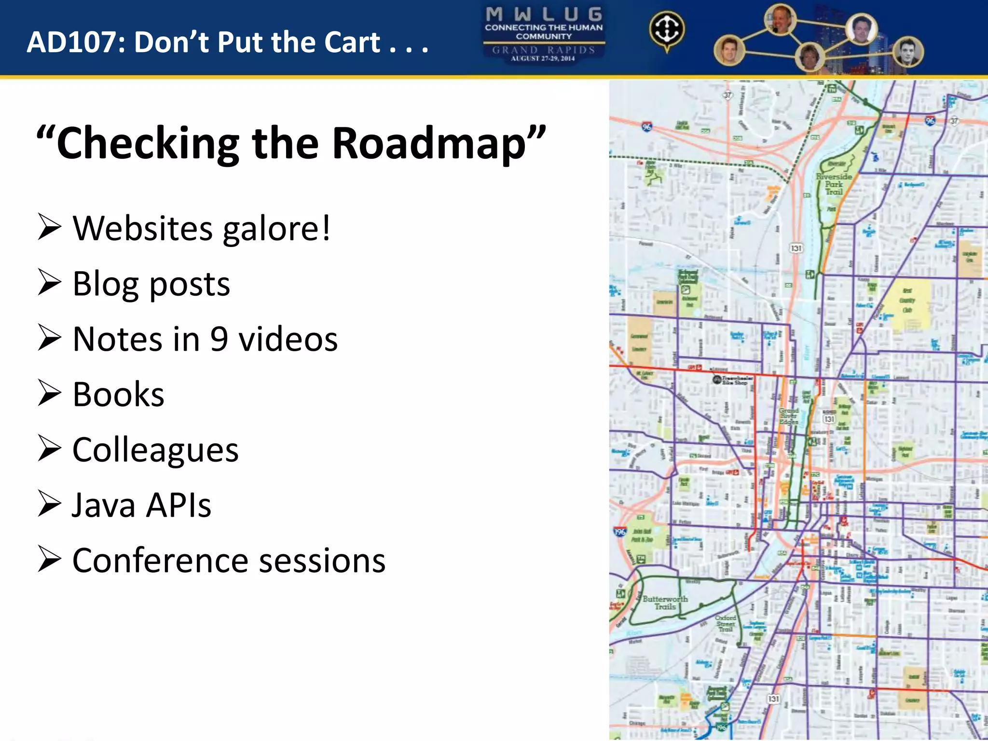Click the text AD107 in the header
76,42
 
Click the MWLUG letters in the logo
544,14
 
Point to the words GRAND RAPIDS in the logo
544,50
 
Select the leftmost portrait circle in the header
729,50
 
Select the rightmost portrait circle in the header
908,52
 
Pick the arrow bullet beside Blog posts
50,283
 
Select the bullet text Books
119,394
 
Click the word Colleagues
155,450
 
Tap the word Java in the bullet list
104,505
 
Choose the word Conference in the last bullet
160,561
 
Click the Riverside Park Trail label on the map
834,184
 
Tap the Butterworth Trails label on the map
665,603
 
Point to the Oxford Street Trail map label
726,623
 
